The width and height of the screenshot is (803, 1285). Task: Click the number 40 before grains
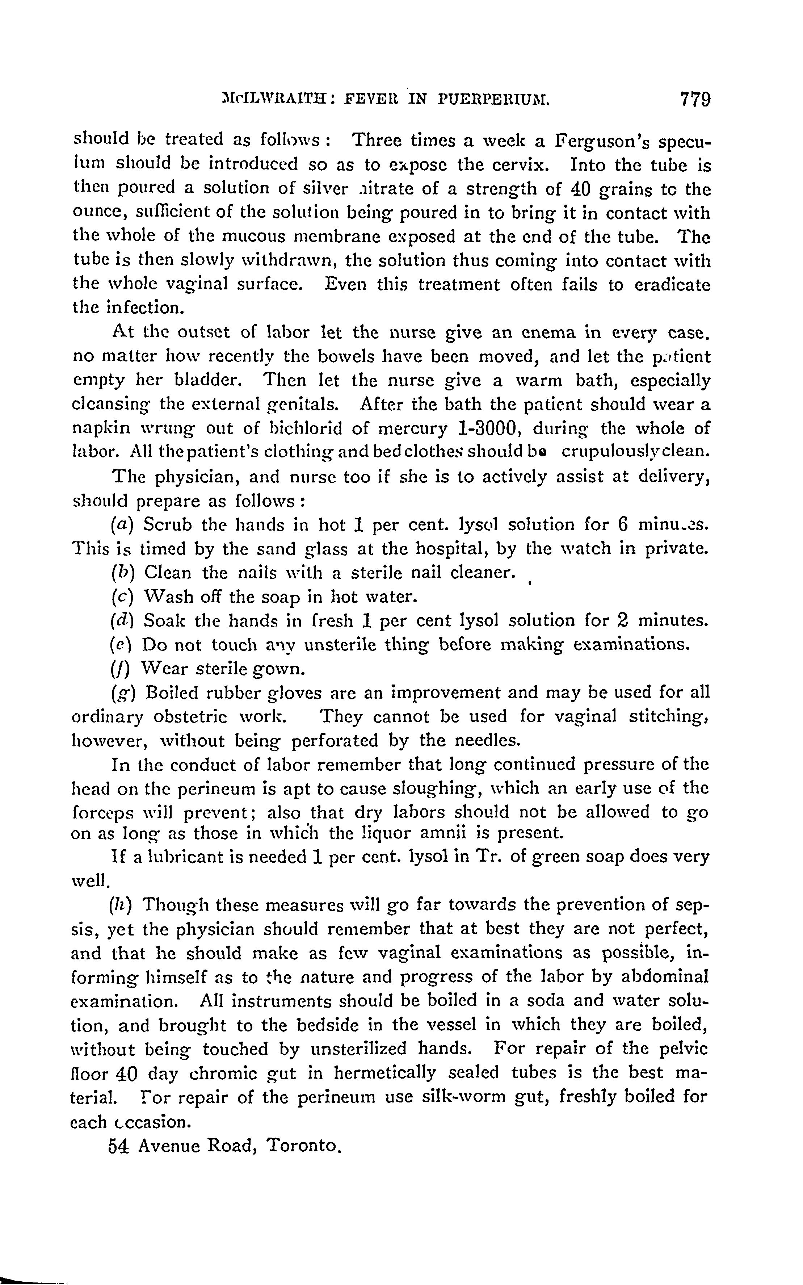click(582, 190)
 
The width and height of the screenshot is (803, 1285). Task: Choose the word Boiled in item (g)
click(172, 693)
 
